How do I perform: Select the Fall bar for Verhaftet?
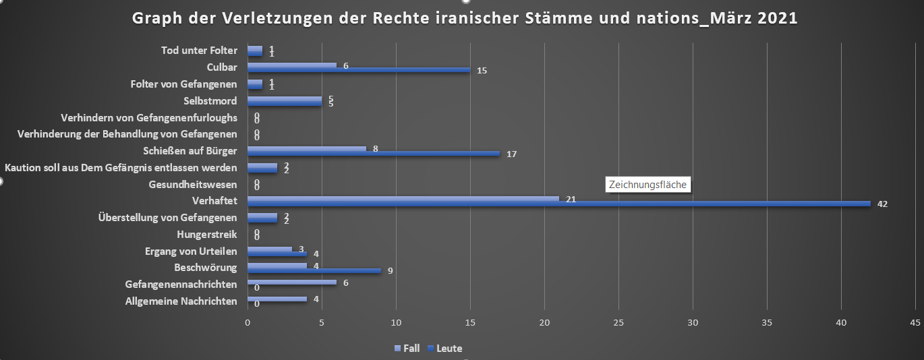(403, 198)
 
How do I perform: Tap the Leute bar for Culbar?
(359, 70)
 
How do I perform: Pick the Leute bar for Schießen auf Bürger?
(374, 154)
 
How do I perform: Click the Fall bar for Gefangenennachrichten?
(292, 282)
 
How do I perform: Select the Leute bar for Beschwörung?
(314, 271)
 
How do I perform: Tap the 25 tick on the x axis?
(618, 322)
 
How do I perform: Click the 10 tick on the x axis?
(396, 322)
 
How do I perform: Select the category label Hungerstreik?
(206, 235)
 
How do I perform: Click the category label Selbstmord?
(210, 101)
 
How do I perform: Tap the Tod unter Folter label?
(199, 51)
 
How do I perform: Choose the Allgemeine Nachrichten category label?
(181, 301)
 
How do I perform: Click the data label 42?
(882, 204)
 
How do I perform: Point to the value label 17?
(511, 154)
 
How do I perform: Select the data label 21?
(571, 199)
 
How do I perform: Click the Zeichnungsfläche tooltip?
(647, 184)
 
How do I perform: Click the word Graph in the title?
(155, 19)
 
